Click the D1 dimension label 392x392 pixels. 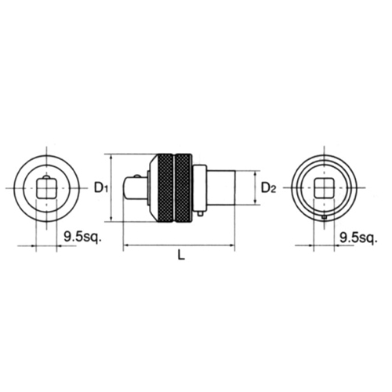(x=100, y=188)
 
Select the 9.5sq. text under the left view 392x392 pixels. (x=81, y=234)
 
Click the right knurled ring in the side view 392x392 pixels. (x=183, y=187)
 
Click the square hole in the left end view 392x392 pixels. (x=46, y=188)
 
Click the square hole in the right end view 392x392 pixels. (x=325, y=188)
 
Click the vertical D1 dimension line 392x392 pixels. (x=112, y=188)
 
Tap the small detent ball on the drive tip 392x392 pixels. (x=138, y=176)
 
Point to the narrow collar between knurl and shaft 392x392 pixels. (x=199, y=187)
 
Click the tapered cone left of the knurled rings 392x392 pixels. (x=149, y=187)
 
